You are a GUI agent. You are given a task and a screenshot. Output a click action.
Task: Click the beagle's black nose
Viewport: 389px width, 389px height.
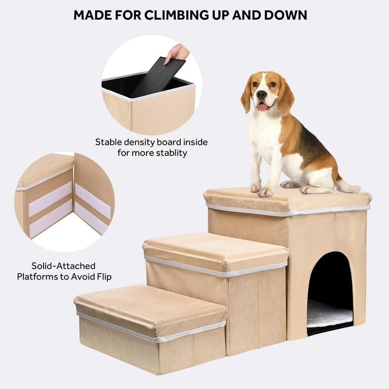point(262,94)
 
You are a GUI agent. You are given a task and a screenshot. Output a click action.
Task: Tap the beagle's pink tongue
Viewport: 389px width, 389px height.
point(263,107)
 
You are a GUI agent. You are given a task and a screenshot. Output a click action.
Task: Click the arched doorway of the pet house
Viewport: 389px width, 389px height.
point(330,293)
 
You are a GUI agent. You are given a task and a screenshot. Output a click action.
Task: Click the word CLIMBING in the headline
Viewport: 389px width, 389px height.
point(177,15)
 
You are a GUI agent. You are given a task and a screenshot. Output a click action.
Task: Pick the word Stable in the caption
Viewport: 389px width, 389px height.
point(108,142)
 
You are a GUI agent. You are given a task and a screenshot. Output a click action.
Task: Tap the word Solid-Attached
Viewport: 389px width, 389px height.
point(63,266)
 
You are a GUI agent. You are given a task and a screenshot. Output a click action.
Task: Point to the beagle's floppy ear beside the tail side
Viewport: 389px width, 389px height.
point(285,96)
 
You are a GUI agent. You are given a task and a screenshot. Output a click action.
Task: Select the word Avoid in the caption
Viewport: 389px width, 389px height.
point(84,277)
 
